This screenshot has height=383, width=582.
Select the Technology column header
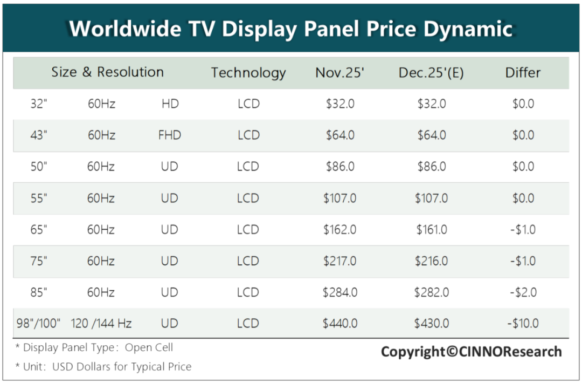point(248,73)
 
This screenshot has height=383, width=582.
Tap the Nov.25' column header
point(339,72)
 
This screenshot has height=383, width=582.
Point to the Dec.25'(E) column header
point(431,73)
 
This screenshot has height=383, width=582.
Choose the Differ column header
point(523,72)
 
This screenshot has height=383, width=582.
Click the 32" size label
point(39,104)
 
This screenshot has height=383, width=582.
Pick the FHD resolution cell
point(170,135)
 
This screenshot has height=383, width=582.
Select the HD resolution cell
point(170,104)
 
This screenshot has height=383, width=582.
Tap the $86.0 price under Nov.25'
point(340,167)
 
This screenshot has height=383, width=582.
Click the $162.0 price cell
point(339,230)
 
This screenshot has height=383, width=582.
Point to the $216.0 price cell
point(431,261)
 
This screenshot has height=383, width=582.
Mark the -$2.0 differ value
point(523,292)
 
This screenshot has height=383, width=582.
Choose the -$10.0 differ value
point(523,323)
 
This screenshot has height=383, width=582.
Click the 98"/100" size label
point(38,323)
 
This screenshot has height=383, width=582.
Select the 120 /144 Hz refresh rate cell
point(101,323)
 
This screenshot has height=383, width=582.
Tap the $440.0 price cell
point(340,323)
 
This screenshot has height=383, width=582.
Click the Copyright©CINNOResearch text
point(472,351)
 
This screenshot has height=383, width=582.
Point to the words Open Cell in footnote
point(149,347)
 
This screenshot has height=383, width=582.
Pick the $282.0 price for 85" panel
point(431,292)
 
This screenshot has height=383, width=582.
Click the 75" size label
point(39,261)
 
